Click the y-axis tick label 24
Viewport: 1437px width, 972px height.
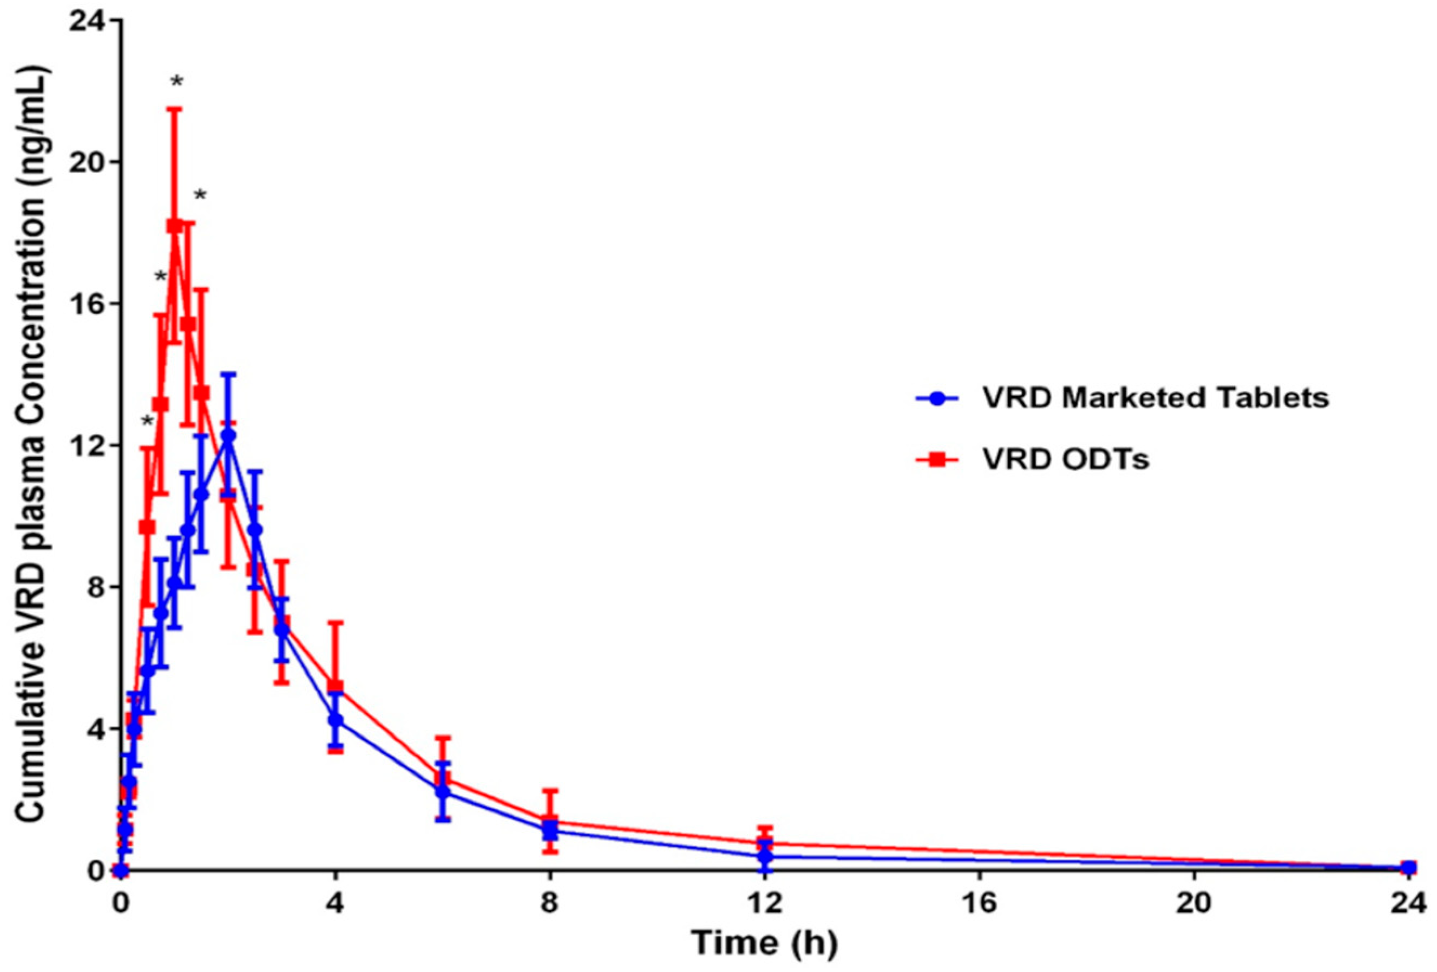pos(88,21)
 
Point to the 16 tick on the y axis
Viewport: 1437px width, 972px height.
pos(88,304)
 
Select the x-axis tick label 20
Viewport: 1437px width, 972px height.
pos(1194,903)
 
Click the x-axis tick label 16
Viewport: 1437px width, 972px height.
pos(980,903)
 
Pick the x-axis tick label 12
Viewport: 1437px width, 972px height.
pos(765,903)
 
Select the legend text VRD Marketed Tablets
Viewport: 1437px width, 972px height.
pos(1156,398)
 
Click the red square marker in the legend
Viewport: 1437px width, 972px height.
pos(938,459)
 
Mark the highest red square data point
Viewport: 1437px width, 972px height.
pos(174,226)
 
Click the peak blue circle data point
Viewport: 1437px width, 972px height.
pos(228,435)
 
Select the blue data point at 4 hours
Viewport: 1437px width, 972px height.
pos(336,720)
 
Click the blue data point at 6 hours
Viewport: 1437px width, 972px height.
pos(443,791)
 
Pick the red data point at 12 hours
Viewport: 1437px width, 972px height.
pos(765,843)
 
